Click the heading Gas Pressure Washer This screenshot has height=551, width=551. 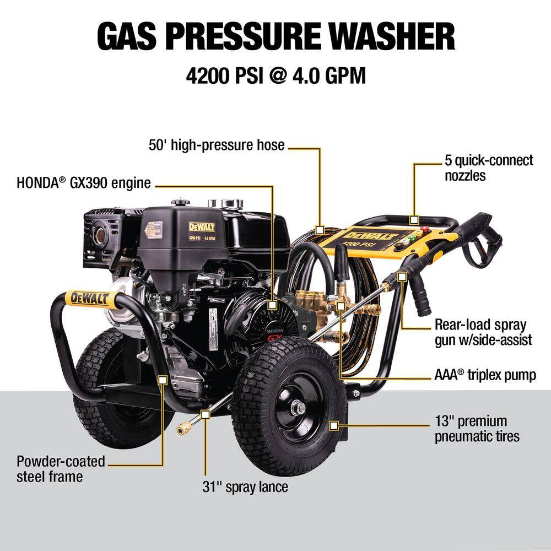point(275,37)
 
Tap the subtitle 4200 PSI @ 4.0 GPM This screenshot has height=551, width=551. point(275,75)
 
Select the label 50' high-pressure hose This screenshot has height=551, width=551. point(217,145)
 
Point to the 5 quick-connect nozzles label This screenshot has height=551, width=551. point(489,168)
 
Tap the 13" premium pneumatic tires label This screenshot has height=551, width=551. point(477,429)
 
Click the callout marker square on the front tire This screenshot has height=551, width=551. point(333,425)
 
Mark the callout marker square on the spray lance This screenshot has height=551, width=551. point(205,413)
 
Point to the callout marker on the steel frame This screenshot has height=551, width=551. point(163,379)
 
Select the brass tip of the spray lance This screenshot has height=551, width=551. point(183,427)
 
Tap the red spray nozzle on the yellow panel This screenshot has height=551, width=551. point(424,226)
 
